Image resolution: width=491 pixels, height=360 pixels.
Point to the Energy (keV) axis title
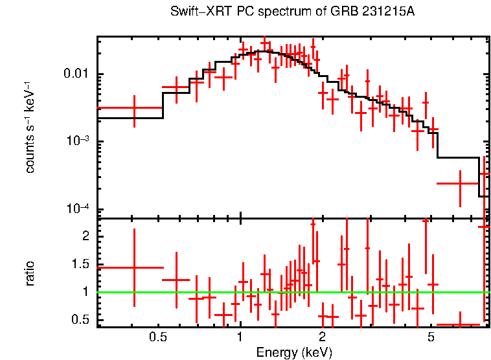[294, 353]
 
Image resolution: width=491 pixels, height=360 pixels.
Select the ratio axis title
[30, 273]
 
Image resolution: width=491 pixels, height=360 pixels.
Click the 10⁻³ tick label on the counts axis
[78, 141]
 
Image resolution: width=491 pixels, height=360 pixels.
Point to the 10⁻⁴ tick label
[78, 209]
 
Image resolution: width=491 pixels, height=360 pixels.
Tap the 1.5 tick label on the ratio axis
[82, 264]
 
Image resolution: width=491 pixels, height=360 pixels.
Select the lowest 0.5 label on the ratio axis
[82, 320]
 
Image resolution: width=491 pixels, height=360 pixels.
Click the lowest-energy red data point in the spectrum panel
[134, 108]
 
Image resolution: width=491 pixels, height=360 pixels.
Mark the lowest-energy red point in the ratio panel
[134, 267]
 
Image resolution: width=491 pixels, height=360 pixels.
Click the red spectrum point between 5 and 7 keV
[459, 183]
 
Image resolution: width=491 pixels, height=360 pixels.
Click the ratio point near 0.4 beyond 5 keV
[459, 324]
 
